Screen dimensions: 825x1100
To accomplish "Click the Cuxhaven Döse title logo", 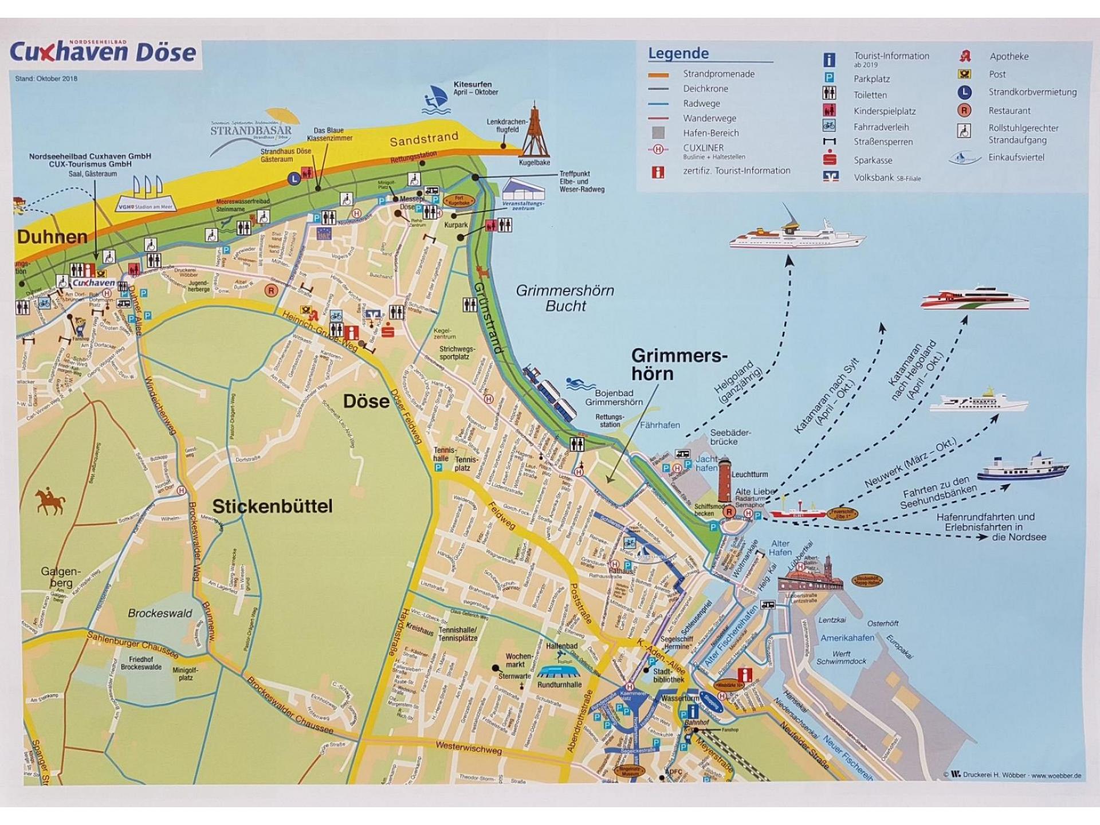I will (103, 52).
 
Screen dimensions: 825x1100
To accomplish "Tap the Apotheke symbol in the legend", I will (965, 56).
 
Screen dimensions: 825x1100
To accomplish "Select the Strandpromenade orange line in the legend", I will (658, 74).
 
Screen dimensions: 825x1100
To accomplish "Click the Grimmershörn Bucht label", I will (565, 298).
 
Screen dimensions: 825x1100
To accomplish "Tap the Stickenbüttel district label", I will (272, 506).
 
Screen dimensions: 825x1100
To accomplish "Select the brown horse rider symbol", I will (50, 501).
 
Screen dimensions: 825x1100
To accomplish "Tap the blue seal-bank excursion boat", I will (1023, 467).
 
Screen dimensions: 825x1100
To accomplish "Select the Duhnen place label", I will (52, 237).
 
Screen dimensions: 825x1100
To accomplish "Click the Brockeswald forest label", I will (160, 613).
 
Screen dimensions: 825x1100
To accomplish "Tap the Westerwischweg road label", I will (468, 747).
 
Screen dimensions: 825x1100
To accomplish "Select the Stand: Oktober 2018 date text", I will (46, 78).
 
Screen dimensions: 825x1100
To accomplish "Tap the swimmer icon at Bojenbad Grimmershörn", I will (580, 383).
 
